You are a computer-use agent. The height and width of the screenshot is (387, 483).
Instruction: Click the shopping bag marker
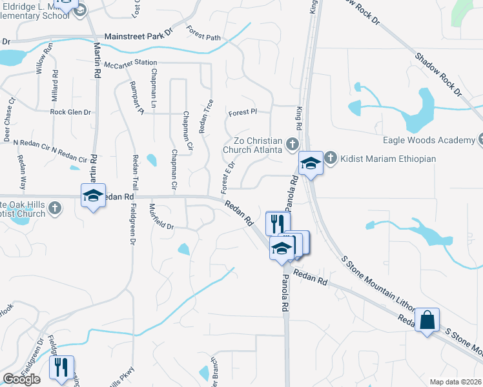[x=428, y=320]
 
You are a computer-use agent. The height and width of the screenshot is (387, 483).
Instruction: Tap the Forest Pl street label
[x=243, y=112]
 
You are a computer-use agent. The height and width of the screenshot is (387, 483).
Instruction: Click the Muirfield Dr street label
[x=161, y=217]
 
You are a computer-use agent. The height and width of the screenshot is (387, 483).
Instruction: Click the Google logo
[x=21, y=379]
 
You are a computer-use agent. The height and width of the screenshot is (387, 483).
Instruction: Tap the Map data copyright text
[x=455, y=382]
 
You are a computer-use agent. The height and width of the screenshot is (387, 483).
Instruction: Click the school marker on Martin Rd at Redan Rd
[x=93, y=195]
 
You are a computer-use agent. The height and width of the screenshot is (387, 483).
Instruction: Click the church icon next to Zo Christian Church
[x=292, y=143]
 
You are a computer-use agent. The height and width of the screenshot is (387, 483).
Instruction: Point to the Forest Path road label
[x=203, y=33]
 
